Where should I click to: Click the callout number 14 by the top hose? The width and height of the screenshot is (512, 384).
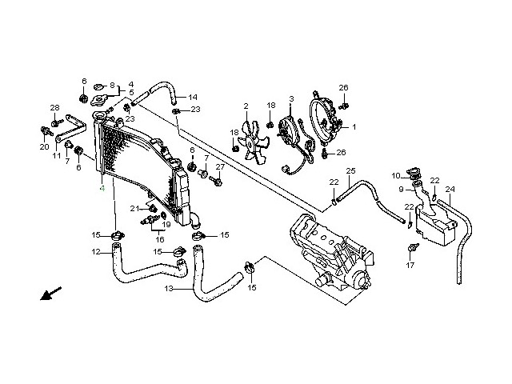[x=193, y=98]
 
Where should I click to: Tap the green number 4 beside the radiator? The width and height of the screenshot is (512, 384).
[x=102, y=190]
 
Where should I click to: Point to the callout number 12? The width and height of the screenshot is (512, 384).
[x=95, y=252]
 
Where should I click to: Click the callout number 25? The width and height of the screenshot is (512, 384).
[x=350, y=171]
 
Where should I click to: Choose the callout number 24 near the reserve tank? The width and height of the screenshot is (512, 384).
[x=450, y=190]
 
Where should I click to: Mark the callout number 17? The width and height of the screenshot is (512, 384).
[x=410, y=265]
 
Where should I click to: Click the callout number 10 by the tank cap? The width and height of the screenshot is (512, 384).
[x=396, y=175]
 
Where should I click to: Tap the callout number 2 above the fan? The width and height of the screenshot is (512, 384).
[x=246, y=106]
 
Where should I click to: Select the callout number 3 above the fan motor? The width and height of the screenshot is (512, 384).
[x=291, y=98]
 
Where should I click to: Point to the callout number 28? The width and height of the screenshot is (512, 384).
[x=54, y=108]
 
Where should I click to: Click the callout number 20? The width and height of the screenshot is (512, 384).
[x=44, y=147]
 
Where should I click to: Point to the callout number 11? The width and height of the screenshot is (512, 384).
[x=57, y=156]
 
